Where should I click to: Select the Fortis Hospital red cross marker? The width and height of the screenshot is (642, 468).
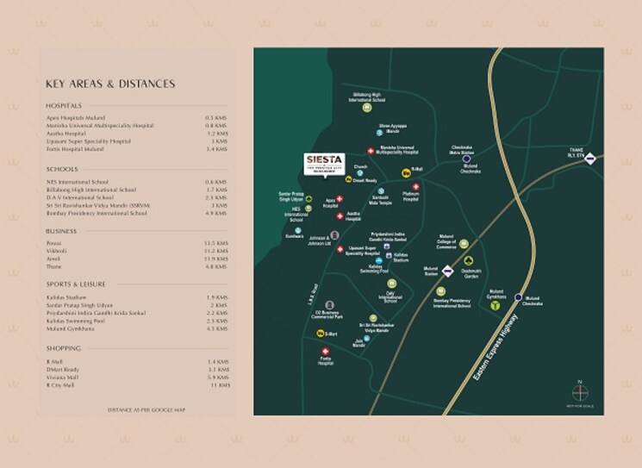(325, 352)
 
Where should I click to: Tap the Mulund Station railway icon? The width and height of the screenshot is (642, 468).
(448, 271)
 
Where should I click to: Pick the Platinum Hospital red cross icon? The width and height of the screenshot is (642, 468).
(417, 187)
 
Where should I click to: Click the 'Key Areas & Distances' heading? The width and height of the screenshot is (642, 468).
(110, 84)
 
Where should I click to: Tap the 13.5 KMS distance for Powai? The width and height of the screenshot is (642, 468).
(215, 244)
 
